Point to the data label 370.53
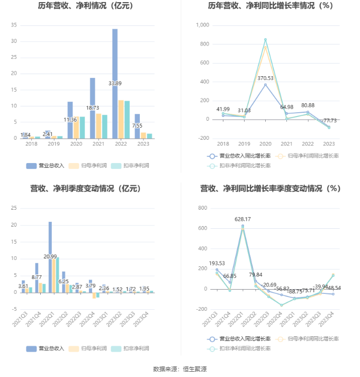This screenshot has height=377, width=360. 265,78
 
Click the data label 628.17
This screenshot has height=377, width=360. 242,219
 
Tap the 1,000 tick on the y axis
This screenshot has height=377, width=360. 203,25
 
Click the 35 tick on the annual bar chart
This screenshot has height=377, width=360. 14,25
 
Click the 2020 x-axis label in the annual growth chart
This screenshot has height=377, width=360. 265,143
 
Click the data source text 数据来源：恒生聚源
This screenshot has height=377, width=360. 179,369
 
